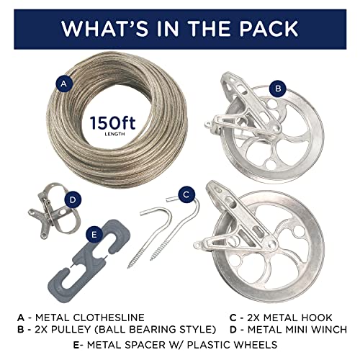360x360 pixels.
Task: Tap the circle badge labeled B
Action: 278,89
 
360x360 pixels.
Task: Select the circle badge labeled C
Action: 186,193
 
